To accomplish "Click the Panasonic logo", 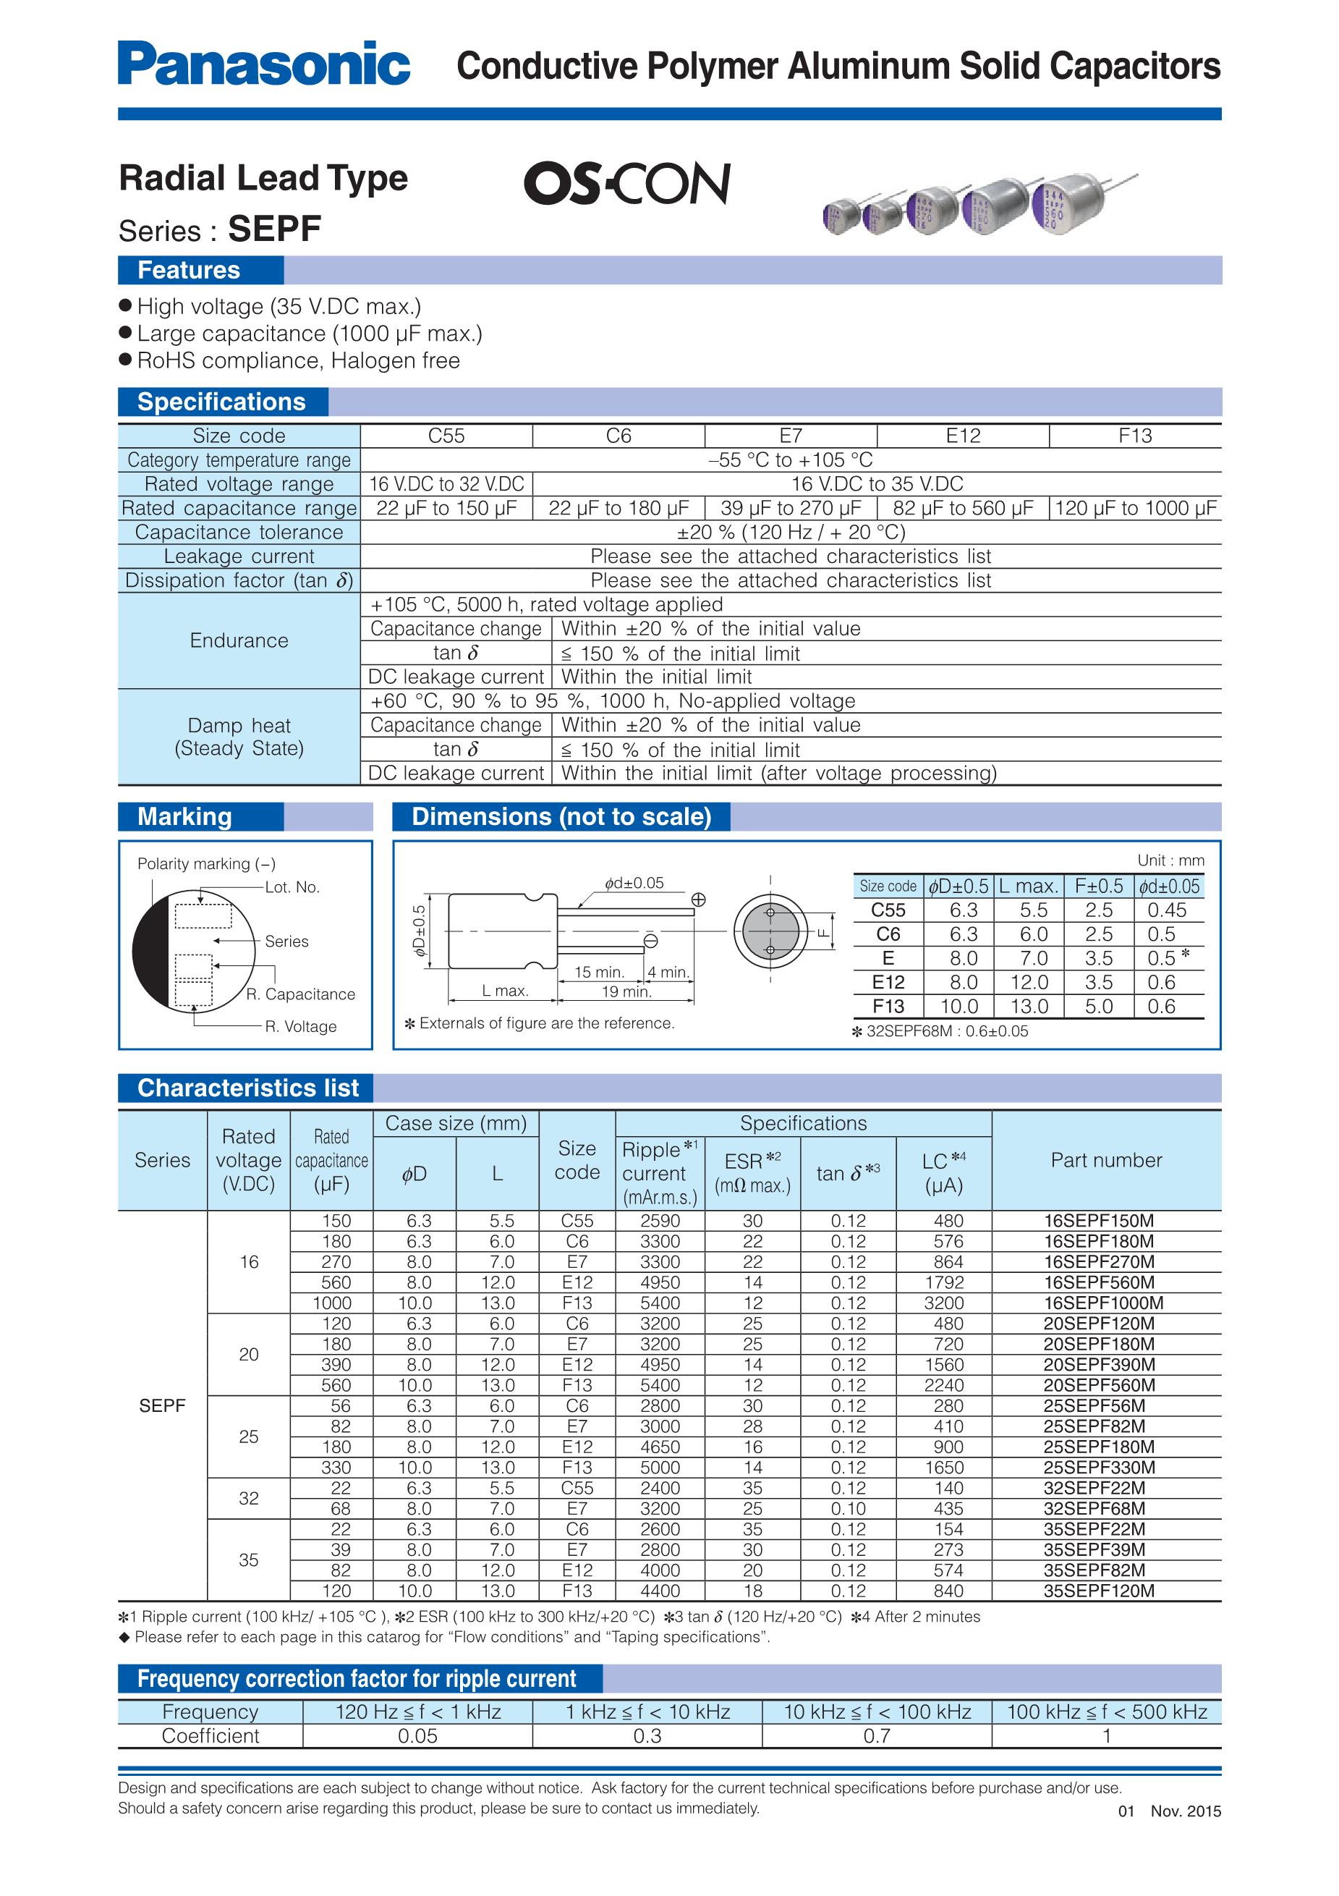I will click(263, 64).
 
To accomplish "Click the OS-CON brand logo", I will click(626, 182).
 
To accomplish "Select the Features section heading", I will click(189, 270).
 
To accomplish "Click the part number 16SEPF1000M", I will click(1103, 1303).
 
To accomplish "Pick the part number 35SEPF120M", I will click(1099, 1591).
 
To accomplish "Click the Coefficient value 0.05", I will click(417, 1736).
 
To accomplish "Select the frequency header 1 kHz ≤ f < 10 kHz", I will click(647, 1712).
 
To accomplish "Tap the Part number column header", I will click(1105, 1159).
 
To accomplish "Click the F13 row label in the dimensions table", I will click(888, 1006).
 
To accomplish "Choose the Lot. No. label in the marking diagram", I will click(292, 887).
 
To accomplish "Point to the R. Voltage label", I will click(300, 1026).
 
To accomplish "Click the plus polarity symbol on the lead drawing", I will click(697, 900).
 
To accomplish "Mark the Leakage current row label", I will click(239, 556).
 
